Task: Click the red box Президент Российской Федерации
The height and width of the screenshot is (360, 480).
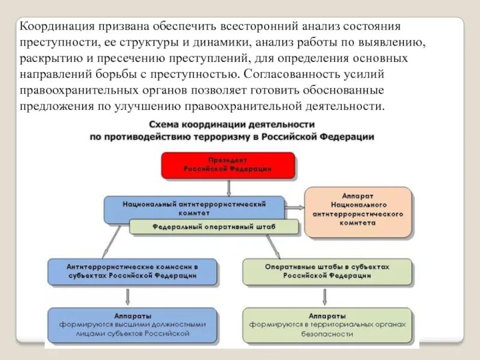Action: (228, 165)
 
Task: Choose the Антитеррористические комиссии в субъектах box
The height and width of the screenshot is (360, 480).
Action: (131, 271)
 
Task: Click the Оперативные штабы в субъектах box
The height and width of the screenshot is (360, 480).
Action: (327, 271)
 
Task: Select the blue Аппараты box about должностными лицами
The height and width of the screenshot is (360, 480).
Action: (131, 324)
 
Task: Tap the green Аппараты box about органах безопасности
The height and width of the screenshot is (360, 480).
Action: (327, 324)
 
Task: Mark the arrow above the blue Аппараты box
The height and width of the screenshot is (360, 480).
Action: (129, 296)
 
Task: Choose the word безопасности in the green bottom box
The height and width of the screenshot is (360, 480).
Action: (327, 334)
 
